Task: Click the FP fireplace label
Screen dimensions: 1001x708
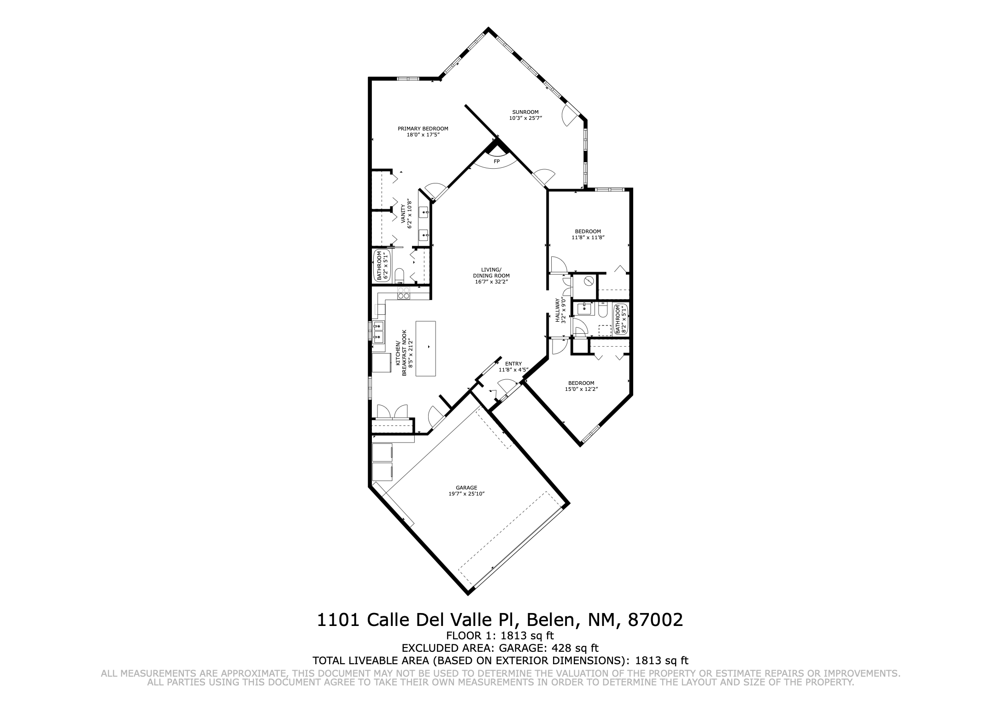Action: [496, 162]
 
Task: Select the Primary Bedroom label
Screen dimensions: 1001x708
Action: [423, 129]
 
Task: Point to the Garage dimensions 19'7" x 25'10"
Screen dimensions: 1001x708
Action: [466, 494]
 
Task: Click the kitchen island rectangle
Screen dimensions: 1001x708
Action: [426, 348]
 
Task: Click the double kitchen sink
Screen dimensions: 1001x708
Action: [378, 332]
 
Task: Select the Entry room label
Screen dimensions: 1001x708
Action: [513, 364]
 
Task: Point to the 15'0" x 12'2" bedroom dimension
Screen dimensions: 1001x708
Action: [581, 389]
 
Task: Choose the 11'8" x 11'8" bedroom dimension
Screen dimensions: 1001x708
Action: [588, 237]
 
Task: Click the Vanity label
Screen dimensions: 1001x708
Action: [403, 214]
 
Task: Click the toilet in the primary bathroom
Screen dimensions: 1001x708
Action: [399, 275]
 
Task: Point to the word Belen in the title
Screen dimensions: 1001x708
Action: [551, 620]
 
